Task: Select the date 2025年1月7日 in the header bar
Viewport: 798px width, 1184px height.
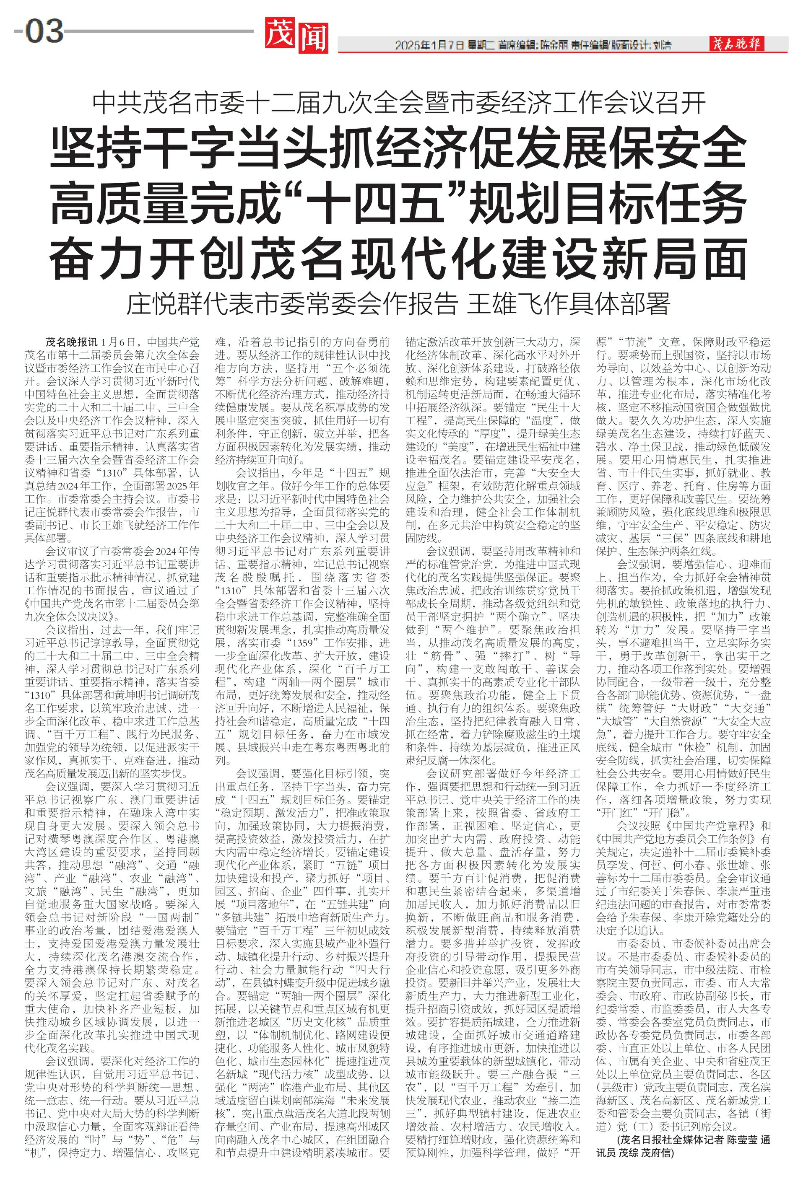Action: pos(429,45)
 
